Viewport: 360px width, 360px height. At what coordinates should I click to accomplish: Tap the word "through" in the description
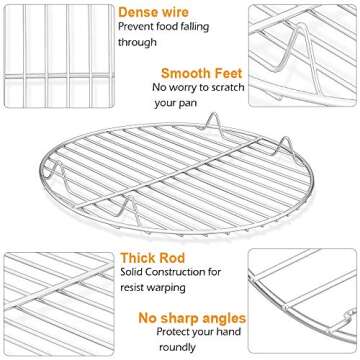point(139,43)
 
